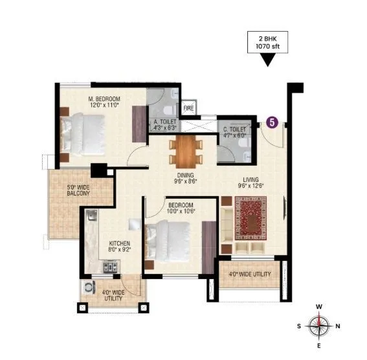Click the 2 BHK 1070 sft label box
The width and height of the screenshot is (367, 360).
[x=267, y=42]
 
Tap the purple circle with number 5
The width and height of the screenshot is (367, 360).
[x=272, y=121]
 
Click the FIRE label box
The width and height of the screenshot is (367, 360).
[x=189, y=108]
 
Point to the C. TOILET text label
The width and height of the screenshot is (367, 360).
[x=234, y=131]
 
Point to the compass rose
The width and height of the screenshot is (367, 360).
[x=318, y=326]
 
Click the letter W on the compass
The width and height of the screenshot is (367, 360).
[x=318, y=306]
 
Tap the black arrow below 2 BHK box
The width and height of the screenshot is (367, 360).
[x=266, y=61]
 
